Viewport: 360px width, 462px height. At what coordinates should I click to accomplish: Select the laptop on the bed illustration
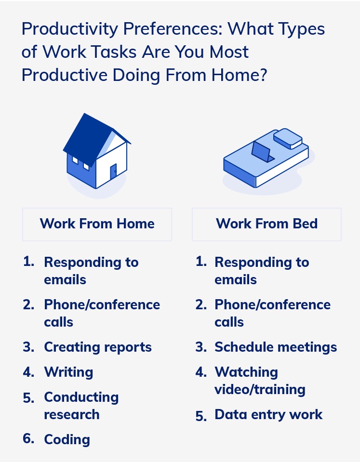pyautogui.click(x=262, y=151)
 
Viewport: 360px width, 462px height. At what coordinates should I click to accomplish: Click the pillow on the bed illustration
pyautogui.click(x=287, y=138)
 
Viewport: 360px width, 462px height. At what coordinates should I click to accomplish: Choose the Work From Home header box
pyautogui.click(x=97, y=224)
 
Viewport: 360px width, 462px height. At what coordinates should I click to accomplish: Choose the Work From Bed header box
pyautogui.click(x=267, y=224)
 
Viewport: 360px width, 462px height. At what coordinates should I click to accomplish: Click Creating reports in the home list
pyautogui.click(x=98, y=347)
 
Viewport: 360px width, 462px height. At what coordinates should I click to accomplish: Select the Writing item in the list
pyautogui.click(x=68, y=372)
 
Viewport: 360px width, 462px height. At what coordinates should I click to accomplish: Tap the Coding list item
pyautogui.click(x=67, y=440)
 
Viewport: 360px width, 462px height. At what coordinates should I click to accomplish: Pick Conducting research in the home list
pyautogui.click(x=81, y=406)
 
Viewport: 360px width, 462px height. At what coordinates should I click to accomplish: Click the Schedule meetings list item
pyautogui.click(x=276, y=347)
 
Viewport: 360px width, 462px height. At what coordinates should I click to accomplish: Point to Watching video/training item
pyautogui.click(x=260, y=381)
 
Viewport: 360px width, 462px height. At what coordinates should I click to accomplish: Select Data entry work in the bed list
pyautogui.click(x=268, y=415)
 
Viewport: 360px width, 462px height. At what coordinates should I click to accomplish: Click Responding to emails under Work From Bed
pyautogui.click(x=262, y=271)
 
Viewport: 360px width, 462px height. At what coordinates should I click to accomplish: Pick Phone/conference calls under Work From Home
pyautogui.click(x=102, y=313)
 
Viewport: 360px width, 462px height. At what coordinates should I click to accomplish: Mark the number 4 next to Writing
pyautogui.click(x=28, y=372)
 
